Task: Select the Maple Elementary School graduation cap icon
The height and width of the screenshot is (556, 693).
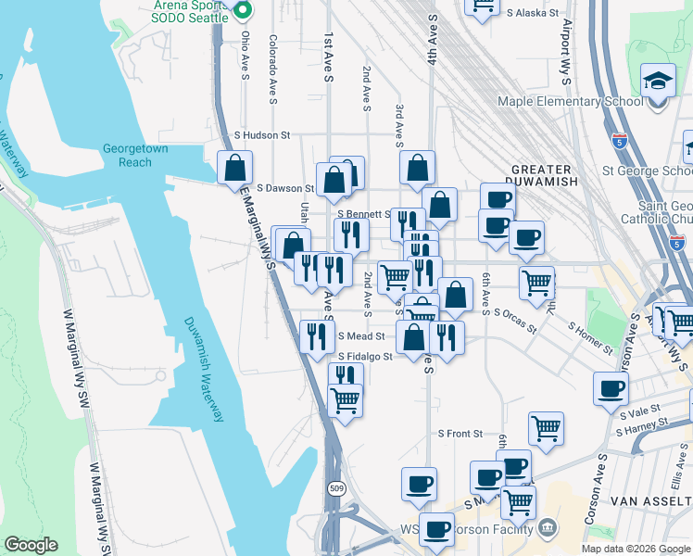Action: (659, 82)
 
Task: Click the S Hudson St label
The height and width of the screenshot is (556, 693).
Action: (261, 135)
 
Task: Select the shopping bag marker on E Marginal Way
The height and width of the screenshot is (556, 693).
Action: (235, 168)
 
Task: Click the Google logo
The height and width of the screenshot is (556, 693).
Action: (31, 545)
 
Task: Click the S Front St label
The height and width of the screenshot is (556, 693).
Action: (460, 434)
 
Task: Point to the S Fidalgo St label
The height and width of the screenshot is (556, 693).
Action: (365, 356)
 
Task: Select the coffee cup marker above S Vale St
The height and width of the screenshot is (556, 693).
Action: (611, 388)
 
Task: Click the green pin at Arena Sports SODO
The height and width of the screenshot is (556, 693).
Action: (243, 11)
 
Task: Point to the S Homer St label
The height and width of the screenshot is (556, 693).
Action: (590, 338)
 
